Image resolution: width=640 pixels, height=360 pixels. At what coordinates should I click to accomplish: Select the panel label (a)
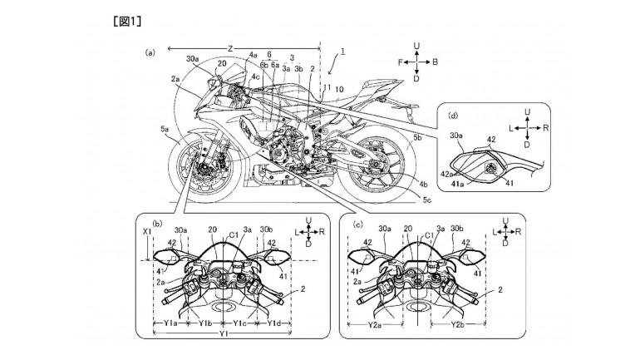coord(150,52)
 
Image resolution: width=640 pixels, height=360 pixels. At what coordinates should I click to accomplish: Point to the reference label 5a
coord(165,131)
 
